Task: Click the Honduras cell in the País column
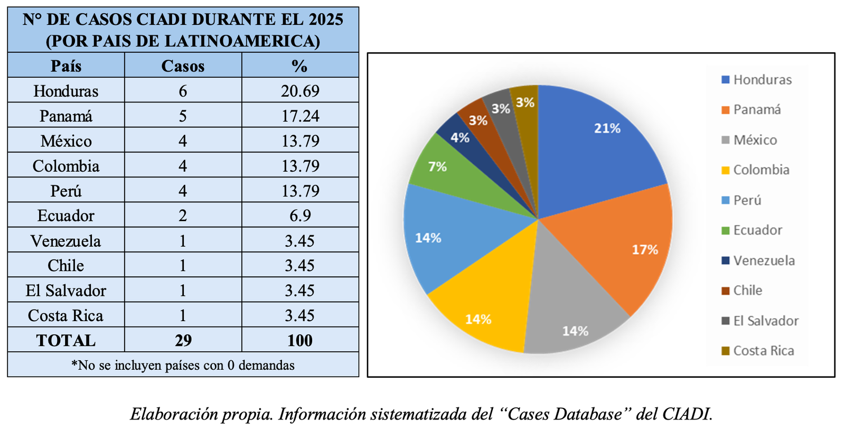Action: (66, 91)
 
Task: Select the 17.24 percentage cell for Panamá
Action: (300, 116)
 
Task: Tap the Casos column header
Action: (183, 66)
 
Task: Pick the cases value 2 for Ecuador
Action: (183, 216)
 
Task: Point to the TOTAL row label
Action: (66, 340)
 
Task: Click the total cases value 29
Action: (183, 340)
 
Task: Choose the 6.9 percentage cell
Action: (300, 216)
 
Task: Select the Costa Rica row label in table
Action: (66, 315)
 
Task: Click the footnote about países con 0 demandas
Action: (183, 365)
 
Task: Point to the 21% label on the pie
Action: (607, 128)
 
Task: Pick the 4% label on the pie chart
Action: (460, 138)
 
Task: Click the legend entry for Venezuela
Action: (763, 260)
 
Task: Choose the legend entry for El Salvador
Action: (765, 321)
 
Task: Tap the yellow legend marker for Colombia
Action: (726, 170)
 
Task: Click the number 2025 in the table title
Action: (326, 20)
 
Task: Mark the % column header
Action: (300, 66)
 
